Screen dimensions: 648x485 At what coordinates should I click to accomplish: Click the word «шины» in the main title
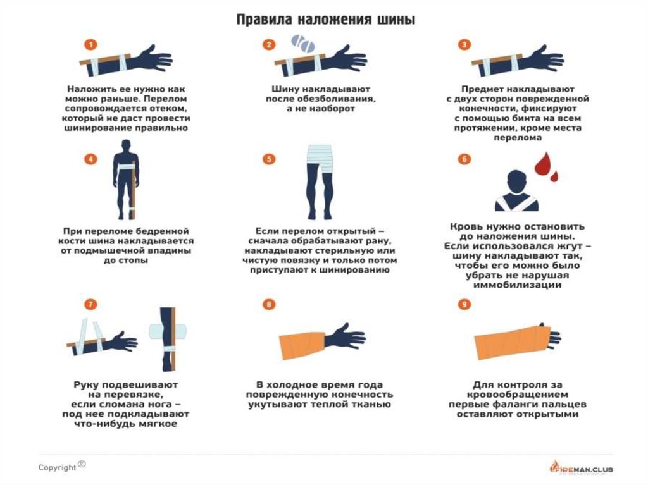(396, 20)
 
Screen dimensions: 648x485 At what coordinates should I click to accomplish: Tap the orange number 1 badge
(90, 45)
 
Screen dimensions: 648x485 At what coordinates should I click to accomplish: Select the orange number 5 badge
(269, 159)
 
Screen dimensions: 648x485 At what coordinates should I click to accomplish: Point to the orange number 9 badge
(464, 304)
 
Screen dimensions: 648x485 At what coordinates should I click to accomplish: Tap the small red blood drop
(554, 177)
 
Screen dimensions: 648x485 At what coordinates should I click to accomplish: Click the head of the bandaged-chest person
(516, 181)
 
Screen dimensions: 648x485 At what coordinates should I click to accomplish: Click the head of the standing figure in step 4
(126, 146)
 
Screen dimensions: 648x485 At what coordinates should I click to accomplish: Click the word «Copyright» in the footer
(58, 468)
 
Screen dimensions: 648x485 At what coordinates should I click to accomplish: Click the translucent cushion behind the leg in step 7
(168, 331)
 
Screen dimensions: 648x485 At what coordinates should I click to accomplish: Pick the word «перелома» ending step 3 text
(518, 138)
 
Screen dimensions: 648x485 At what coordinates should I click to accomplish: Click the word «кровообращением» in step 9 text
(518, 395)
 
